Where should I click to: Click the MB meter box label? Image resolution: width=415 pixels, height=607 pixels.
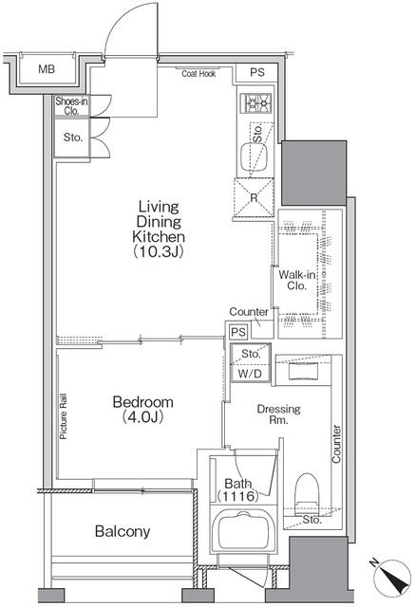tap(47, 69)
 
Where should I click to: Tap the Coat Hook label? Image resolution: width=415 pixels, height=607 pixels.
tap(198, 74)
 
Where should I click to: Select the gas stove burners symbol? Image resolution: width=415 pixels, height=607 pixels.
tap(255, 103)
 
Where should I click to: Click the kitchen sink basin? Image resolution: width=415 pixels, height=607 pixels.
tap(255, 156)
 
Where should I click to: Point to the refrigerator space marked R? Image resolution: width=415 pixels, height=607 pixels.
tap(254, 197)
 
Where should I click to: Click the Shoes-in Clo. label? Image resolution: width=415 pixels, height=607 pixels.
tap(71, 106)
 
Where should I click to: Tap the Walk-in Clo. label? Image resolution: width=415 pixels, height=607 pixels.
tap(297, 281)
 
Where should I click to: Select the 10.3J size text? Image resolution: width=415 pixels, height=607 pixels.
tap(158, 252)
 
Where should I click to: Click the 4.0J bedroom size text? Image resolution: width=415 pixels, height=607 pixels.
tap(142, 417)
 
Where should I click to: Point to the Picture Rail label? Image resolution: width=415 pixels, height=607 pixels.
tap(64, 416)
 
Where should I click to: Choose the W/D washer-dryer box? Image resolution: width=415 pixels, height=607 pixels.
tap(251, 374)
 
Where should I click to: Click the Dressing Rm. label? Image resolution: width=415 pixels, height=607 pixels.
tap(278, 414)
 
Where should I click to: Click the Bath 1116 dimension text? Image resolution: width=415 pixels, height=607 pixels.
tap(237, 489)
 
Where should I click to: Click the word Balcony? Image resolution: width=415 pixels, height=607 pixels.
tap(123, 531)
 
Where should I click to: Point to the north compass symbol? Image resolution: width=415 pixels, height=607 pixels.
tap(392, 578)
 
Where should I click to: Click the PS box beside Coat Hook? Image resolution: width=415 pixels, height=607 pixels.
tap(257, 73)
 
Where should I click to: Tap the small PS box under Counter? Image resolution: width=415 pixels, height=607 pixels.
tap(238, 332)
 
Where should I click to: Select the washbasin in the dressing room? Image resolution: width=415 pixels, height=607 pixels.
tap(303, 371)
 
